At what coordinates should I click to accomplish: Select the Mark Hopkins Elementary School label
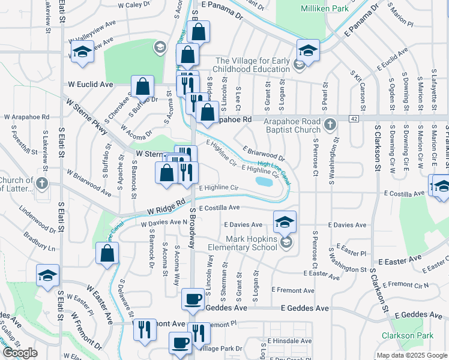[x=241, y=242]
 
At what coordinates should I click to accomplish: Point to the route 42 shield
[x=354, y=119]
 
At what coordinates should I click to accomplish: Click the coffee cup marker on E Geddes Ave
[x=193, y=298]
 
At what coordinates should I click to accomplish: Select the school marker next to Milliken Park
[x=308, y=50]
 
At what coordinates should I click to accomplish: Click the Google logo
[x=20, y=353]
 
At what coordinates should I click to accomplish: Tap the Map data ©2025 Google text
[x=412, y=355]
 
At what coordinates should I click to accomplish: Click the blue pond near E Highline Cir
[x=264, y=181]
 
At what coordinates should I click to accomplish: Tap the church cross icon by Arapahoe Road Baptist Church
[x=329, y=125]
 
